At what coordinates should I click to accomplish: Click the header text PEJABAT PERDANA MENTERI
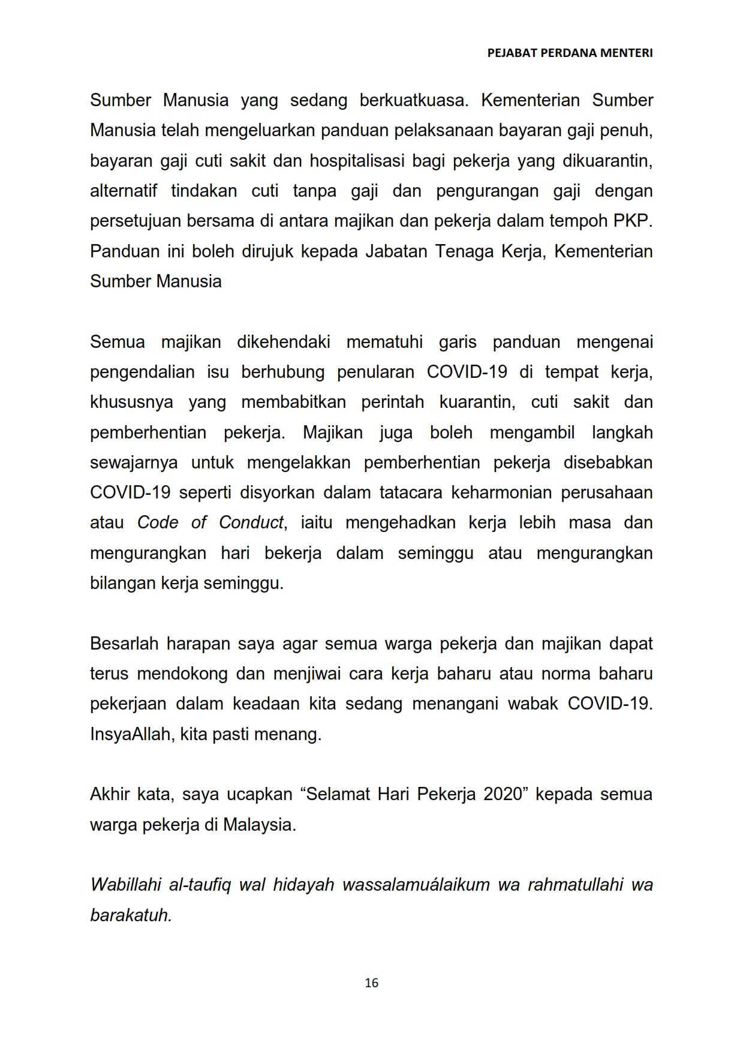click(570, 53)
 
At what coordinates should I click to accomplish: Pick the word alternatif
click(123, 191)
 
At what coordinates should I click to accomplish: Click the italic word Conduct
click(251, 522)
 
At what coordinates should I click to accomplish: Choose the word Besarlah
click(123, 644)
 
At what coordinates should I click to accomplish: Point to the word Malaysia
click(259, 825)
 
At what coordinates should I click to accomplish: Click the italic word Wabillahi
click(125, 885)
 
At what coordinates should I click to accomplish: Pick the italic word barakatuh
click(131, 915)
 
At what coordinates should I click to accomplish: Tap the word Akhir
click(110, 794)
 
